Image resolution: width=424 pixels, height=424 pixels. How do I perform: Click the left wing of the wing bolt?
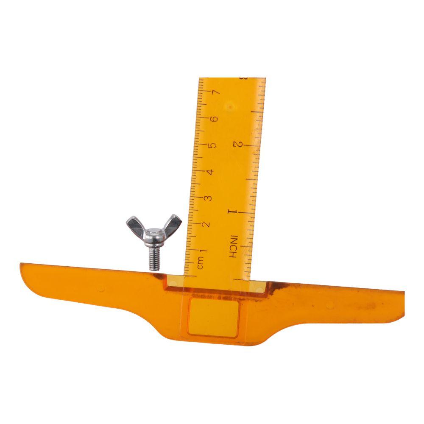coord(135,224)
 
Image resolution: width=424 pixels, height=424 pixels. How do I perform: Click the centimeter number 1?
coord(204,251)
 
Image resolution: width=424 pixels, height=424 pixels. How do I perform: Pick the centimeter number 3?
coord(208,198)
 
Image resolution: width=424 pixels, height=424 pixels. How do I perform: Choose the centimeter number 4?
coord(210,172)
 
